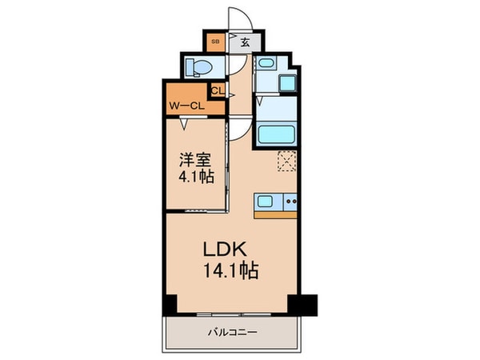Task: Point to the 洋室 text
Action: pos(195,158)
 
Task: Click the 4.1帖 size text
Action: pos(195,178)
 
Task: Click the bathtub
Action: pos(276,132)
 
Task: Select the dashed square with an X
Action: pos(286,161)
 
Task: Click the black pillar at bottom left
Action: pos(170,306)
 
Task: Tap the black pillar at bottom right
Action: pos(303,305)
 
